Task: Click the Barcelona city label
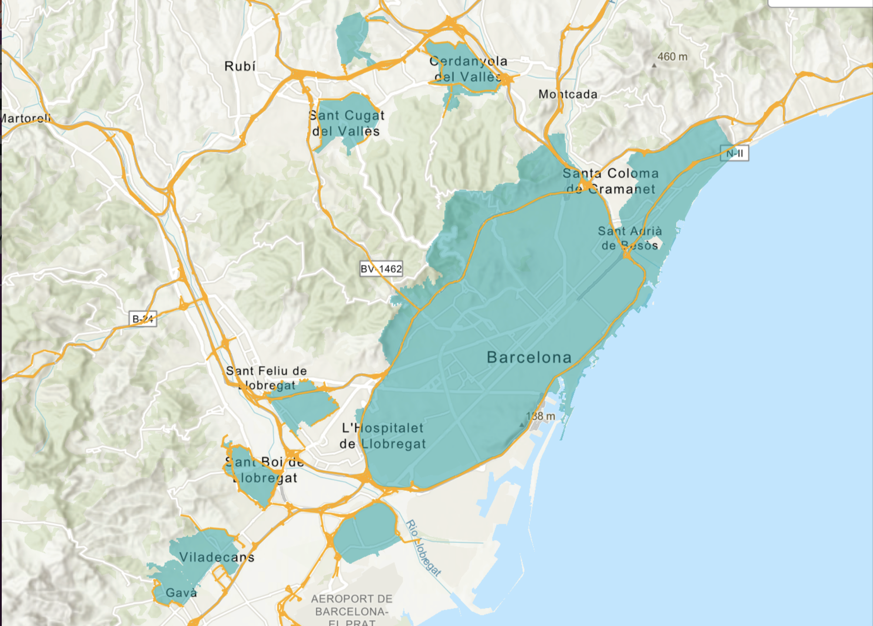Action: coord(529,357)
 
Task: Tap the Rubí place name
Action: coord(240,66)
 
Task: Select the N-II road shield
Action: coord(734,153)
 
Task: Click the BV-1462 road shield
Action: coord(381,269)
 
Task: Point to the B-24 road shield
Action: coord(143,319)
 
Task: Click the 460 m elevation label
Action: coord(672,57)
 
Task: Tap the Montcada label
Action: coord(568,94)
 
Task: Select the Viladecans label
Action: coord(217,557)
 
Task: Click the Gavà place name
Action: coord(181,593)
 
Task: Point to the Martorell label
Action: coord(25,118)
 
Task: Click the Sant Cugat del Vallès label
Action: coord(346,123)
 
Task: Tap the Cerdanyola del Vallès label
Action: coord(468,69)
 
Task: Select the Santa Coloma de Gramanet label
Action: coord(610,181)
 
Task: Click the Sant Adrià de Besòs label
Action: coord(630,238)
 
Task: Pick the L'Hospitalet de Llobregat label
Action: coord(382,436)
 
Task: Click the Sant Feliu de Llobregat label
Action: coord(266,378)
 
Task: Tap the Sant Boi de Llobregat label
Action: coord(264,470)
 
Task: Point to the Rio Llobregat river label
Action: coord(423,548)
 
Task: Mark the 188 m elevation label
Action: coord(541,416)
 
